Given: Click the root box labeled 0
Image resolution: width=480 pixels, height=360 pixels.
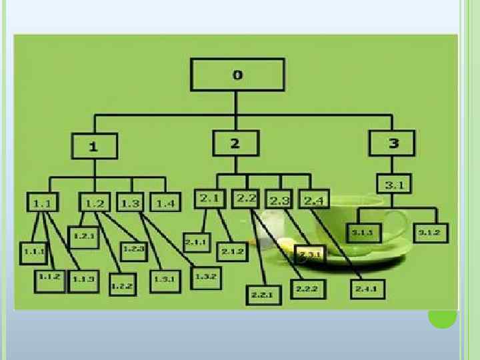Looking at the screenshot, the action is click(x=237, y=75).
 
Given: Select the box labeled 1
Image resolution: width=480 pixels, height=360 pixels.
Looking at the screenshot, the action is click(x=94, y=147).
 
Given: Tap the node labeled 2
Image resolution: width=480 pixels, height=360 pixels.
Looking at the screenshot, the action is click(x=235, y=143).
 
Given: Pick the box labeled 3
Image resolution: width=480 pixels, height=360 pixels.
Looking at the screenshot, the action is click(x=393, y=143).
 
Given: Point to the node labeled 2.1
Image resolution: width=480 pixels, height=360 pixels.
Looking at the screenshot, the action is click(x=211, y=198).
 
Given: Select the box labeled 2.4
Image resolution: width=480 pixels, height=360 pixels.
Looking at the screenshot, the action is click(x=314, y=199).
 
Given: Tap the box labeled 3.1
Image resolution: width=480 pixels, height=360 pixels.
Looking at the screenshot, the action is click(x=394, y=185).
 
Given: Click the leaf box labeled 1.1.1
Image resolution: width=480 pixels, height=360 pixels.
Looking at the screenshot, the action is click(x=34, y=251).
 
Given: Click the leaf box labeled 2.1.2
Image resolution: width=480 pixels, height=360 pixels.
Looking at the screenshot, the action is click(x=232, y=251).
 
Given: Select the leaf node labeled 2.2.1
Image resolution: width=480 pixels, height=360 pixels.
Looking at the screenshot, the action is click(x=262, y=293).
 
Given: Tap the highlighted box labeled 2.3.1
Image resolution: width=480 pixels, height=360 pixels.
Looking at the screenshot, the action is click(x=310, y=255).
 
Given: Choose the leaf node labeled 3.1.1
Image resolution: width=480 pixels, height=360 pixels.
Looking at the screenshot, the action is click(x=363, y=233).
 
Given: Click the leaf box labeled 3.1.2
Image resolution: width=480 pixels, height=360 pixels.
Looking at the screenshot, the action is click(x=432, y=233).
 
